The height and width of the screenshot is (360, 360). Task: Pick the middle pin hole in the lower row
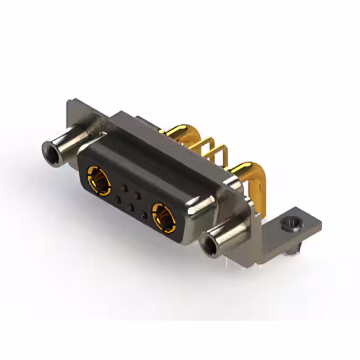(x=131, y=206)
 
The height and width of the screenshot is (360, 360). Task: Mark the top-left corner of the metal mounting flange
(x=68, y=102)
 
